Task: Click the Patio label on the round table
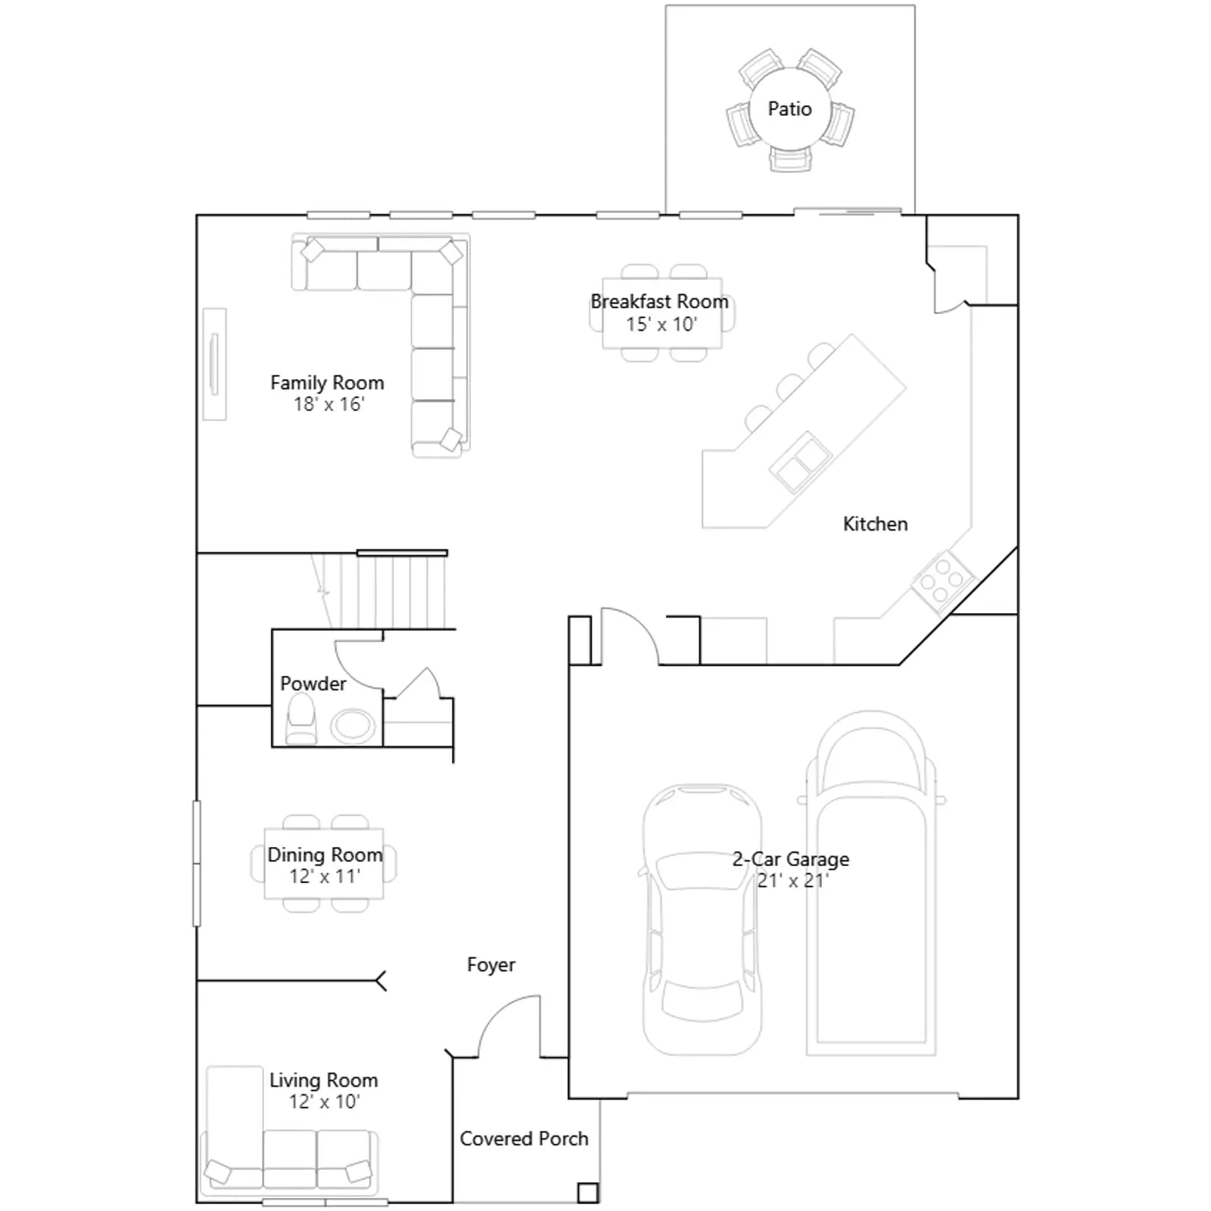pos(789,109)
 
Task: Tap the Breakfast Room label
pos(659,301)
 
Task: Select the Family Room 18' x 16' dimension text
pos(328,404)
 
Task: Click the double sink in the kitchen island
pos(800,461)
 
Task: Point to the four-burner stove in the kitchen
pos(943,581)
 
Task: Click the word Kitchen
pos(875,524)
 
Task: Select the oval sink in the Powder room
pos(352,726)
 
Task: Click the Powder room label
pos(313,683)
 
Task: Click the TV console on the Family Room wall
pos(214,363)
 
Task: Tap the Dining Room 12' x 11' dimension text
pos(325,876)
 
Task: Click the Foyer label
pos(491,964)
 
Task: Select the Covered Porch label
pos(524,1138)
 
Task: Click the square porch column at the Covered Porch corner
pos(588,1193)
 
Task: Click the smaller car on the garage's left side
pos(702,919)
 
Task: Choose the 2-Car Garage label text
pos(791,859)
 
